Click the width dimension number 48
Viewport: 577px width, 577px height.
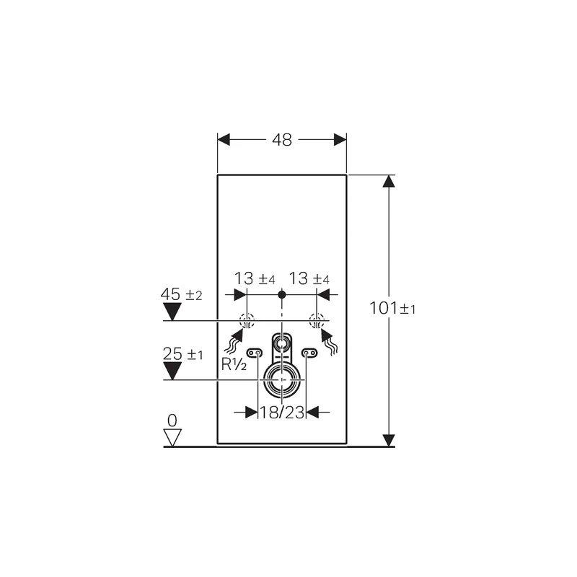tap(282, 141)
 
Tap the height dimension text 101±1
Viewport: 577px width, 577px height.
tap(393, 309)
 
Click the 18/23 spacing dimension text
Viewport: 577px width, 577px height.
tap(282, 413)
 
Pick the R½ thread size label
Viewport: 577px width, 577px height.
tap(234, 364)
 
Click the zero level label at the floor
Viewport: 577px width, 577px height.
tap(172, 420)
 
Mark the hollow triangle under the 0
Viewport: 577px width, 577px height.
tap(172, 436)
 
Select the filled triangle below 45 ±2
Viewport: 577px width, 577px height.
tap(172, 311)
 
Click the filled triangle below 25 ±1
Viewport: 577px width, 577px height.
tap(172, 370)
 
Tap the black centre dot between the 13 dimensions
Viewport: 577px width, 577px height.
tap(282, 294)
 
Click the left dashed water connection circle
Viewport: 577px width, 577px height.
tap(247, 322)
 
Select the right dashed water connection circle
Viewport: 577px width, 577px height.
tap(315, 322)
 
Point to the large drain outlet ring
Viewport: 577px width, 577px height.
tap(281, 378)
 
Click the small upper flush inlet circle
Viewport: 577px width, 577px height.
tap(281, 342)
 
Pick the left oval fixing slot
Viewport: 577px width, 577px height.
tap(254, 353)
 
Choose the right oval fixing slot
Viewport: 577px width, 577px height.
tap(309, 353)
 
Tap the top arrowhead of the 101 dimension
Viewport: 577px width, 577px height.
tap(389, 181)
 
